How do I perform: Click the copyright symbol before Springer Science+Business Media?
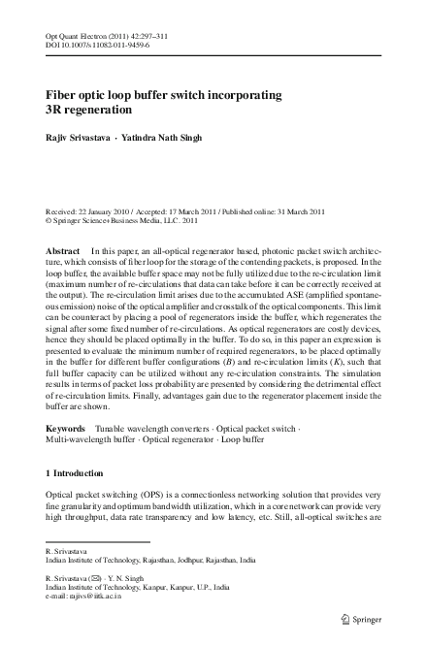(49, 220)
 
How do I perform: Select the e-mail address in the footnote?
(96, 597)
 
